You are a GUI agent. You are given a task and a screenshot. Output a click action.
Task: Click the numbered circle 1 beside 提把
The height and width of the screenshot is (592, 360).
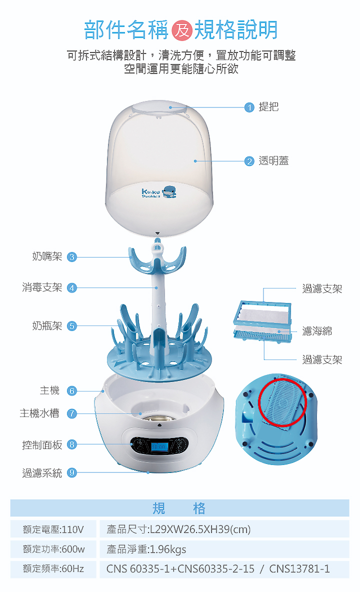pos(249,107)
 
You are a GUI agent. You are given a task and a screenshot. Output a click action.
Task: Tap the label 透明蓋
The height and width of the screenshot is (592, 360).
pos(273,161)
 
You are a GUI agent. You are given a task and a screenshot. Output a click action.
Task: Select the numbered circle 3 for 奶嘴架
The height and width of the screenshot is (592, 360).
pos(72,257)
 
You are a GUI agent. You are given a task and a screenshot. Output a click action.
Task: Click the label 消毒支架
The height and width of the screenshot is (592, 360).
pos(42,288)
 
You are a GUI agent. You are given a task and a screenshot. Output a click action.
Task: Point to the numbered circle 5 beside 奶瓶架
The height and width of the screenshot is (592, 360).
pos(72,326)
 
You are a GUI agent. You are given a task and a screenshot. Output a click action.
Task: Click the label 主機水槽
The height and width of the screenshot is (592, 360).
pos(39,413)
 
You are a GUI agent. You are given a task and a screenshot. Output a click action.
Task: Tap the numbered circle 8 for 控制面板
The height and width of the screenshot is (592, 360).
pos(72,444)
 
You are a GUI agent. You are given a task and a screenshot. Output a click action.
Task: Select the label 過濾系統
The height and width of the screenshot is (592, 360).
pos(42,473)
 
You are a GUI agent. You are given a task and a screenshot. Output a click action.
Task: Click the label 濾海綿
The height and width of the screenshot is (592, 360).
pos(317,331)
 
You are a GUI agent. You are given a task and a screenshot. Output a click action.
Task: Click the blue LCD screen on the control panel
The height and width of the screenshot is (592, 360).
pos(158,445)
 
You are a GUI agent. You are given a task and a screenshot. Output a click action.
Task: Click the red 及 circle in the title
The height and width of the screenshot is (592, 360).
pos(181,31)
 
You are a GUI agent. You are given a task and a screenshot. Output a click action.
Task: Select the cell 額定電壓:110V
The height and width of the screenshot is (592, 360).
pos(53,529)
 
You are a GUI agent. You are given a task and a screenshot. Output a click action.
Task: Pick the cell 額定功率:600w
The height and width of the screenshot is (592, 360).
pos(53,549)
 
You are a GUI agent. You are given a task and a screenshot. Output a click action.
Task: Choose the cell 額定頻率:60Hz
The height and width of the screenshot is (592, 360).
pos(53,569)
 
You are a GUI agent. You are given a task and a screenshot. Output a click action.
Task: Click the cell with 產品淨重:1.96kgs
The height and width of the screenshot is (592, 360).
pos(224,549)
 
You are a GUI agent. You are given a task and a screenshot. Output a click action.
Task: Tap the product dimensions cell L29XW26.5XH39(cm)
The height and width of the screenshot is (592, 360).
pos(224,529)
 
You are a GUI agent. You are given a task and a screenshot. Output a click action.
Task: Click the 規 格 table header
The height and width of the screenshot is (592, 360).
pos(179,508)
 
